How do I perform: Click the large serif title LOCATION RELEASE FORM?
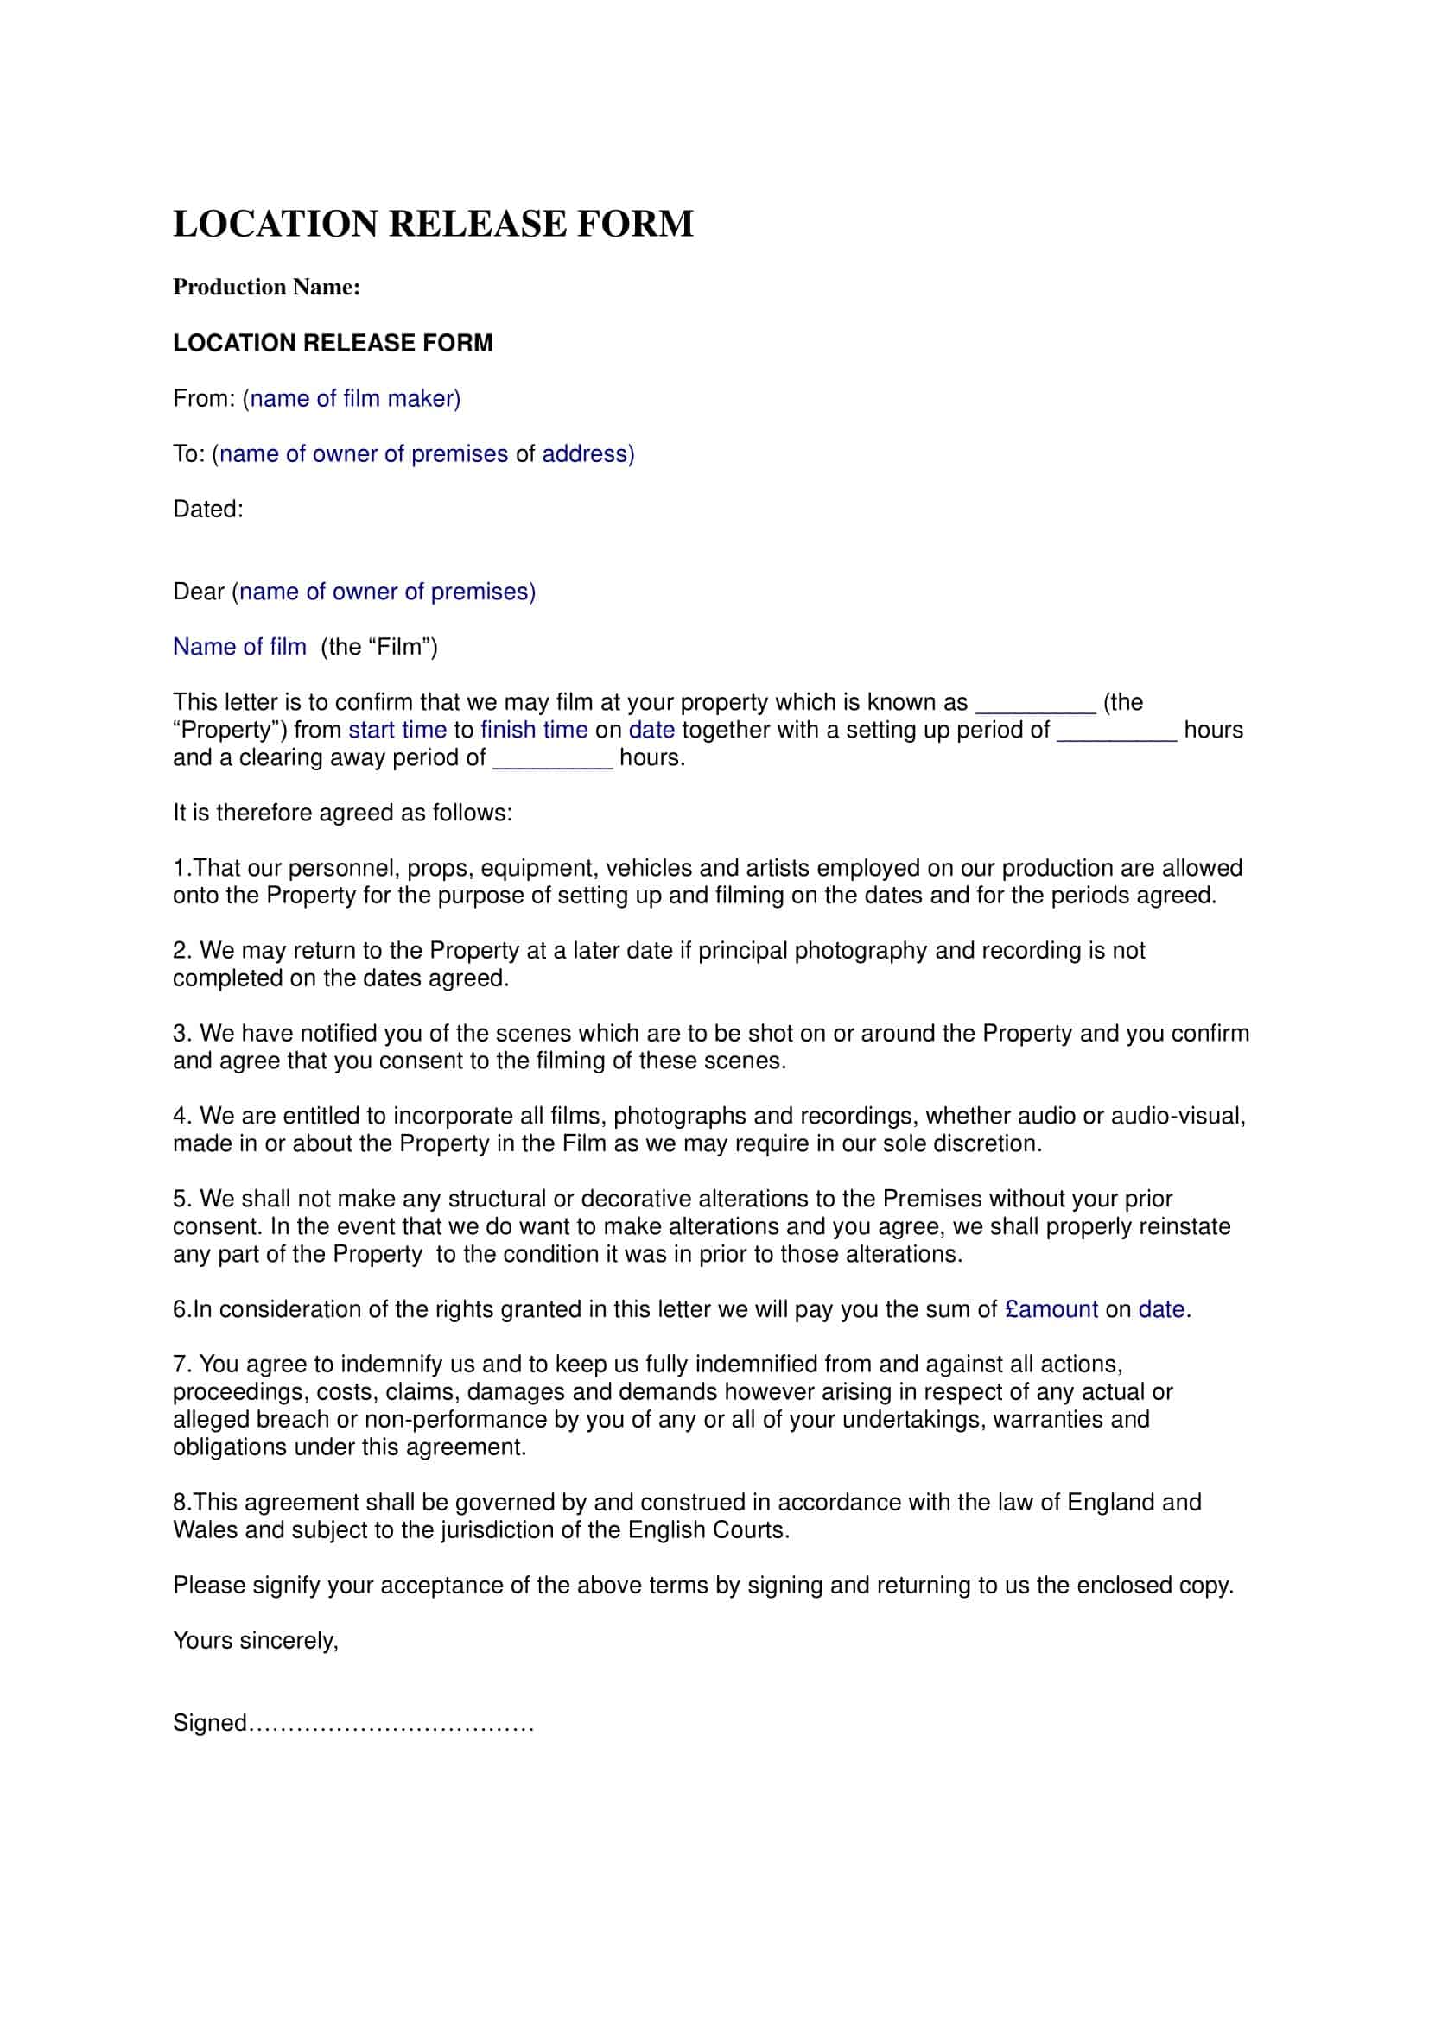pos(433,224)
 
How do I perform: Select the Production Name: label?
pos(266,288)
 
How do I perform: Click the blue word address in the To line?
pos(584,454)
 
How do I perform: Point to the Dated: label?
pos(207,510)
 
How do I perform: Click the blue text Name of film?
pos(239,647)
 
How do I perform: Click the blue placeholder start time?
pos(397,731)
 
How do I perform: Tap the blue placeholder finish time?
pos(534,731)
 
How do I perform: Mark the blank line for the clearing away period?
pos(553,761)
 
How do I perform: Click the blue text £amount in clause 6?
pos(1051,1309)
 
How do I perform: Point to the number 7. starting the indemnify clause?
pos(182,1365)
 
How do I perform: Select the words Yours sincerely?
pos(255,1640)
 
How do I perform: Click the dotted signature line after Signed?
pos(391,1724)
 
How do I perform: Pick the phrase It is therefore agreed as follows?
pos(342,813)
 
